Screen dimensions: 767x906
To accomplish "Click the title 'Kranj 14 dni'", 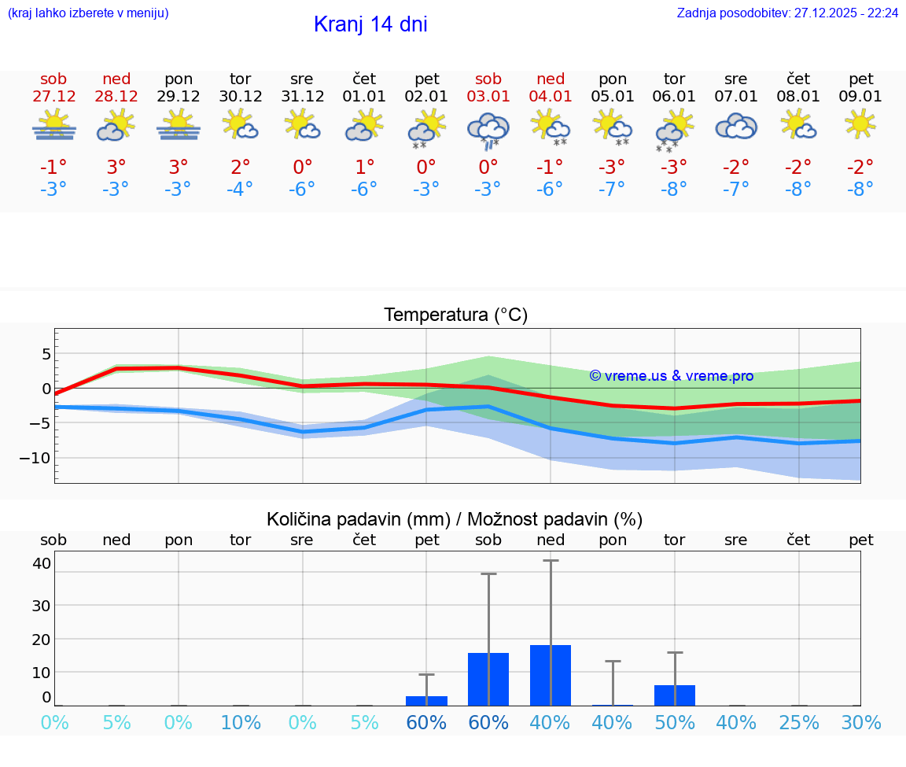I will pyautogui.click(x=370, y=24).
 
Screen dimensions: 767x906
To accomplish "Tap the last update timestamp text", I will pyautogui.click(x=787, y=13).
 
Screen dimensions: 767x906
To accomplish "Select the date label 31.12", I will pyautogui.click(x=302, y=97).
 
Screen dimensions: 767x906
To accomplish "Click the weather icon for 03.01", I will pyautogui.click(x=488, y=129).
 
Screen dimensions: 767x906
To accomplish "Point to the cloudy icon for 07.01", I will pyautogui.click(x=736, y=126).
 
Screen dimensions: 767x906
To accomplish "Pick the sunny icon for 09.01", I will pyautogui.click(x=860, y=124).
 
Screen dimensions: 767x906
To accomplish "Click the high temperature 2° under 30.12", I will pyautogui.click(x=240, y=168).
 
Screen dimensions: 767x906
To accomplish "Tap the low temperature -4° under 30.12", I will pyautogui.click(x=240, y=190).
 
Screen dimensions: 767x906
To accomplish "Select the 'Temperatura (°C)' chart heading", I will pyautogui.click(x=455, y=315).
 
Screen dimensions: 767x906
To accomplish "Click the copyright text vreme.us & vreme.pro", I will pyautogui.click(x=672, y=376).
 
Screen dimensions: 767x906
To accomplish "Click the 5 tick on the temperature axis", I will pyautogui.click(x=46, y=354).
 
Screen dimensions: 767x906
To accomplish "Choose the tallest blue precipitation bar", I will pyautogui.click(x=551, y=675).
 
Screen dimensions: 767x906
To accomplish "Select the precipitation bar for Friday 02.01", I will pyautogui.click(x=426, y=700).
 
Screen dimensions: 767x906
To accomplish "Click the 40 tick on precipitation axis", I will pyautogui.click(x=42, y=563).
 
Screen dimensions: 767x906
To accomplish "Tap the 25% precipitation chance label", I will pyautogui.click(x=799, y=722).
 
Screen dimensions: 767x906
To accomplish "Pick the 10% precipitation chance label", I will pyautogui.click(x=241, y=722).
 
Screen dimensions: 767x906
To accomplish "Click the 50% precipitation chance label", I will pyautogui.click(x=675, y=722).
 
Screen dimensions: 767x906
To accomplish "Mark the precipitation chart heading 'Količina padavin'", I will pyautogui.click(x=358, y=519).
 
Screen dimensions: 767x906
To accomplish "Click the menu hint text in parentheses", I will pyautogui.click(x=88, y=13).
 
